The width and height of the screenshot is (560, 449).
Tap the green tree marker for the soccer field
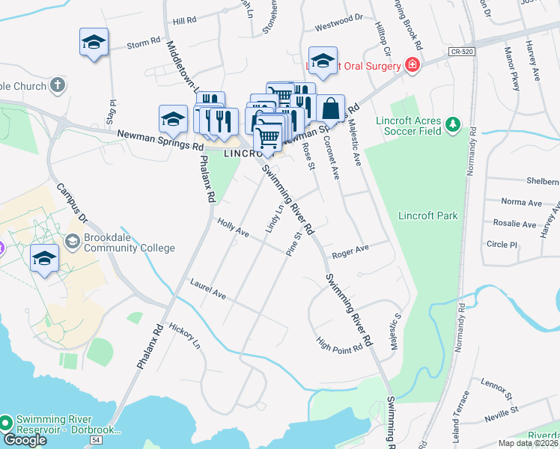pyautogui.click(x=451, y=123)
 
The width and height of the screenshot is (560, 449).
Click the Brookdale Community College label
pyautogui.click(x=129, y=242)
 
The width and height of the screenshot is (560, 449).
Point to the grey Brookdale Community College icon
pyautogui.click(x=72, y=242)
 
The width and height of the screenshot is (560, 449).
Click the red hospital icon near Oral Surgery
pyautogui.click(x=412, y=65)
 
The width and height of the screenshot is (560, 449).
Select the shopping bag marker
pyautogui.click(x=329, y=109)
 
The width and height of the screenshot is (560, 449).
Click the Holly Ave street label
pyautogui.click(x=233, y=227)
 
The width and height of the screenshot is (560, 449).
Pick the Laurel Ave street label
pyautogui.click(x=208, y=290)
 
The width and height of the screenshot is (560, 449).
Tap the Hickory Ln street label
pyautogui.click(x=186, y=336)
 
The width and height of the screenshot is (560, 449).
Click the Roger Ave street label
pyautogui.click(x=351, y=252)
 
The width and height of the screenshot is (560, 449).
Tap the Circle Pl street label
pyautogui.click(x=502, y=244)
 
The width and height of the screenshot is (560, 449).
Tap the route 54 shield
pyautogui.click(x=95, y=442)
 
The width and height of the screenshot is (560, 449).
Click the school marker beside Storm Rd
pyautogui.click(x=94, y=42)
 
